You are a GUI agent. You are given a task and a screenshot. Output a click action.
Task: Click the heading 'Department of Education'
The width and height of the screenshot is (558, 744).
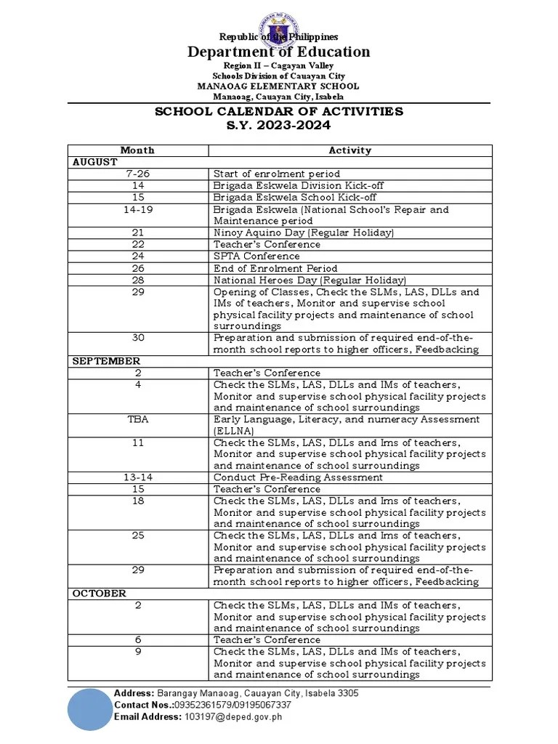click(279, 52)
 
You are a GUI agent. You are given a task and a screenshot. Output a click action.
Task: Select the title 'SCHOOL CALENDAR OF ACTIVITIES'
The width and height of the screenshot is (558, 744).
click(279, 112)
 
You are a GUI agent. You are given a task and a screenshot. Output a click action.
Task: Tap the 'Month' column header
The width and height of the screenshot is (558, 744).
click(138, 150)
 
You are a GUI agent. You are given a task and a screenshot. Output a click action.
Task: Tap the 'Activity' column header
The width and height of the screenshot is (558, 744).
click(349, 150)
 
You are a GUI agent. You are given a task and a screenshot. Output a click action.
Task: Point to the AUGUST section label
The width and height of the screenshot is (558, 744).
click(94, 162)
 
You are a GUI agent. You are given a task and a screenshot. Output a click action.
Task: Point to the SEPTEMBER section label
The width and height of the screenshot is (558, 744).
click(106, 361)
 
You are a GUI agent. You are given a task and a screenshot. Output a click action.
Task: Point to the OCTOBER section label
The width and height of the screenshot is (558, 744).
click(99, 594)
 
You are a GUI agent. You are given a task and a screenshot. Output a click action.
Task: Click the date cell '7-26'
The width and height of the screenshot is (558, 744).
click(138, 174)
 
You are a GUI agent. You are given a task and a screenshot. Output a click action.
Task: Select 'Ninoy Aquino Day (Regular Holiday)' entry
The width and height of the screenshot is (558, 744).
click(304, 232)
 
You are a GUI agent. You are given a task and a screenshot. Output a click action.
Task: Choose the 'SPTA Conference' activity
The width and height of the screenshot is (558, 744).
click(256, 256)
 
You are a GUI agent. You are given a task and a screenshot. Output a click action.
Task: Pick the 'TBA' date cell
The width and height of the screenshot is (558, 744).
click(138, 419)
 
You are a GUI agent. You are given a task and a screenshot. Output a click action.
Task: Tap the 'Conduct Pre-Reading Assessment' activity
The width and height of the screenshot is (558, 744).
click(297, 477)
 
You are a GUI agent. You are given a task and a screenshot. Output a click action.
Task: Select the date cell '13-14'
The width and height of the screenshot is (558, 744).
click(138, 477)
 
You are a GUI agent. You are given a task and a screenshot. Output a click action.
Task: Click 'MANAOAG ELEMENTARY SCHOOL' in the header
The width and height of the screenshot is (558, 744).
click(279, 86)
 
